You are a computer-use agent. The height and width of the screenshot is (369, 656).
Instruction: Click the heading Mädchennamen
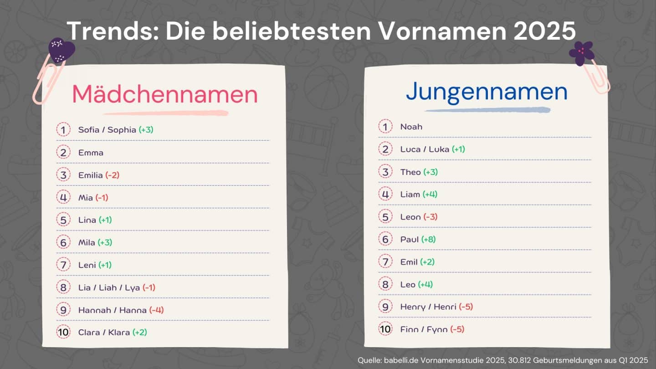pos(165,94)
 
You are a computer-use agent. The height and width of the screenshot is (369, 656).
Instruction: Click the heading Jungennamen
pos(487,92)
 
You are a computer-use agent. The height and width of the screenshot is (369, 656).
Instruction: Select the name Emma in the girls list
pos(91,153)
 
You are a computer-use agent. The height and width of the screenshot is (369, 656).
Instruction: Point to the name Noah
pos(411,127)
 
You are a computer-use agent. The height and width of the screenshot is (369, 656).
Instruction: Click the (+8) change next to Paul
pos(428,239)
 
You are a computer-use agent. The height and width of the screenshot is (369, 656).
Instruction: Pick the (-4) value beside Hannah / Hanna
pos(156,310)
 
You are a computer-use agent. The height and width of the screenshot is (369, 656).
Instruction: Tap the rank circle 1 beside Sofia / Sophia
pos(63,130)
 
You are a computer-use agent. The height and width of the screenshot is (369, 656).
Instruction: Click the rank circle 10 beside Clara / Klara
pos(63,332)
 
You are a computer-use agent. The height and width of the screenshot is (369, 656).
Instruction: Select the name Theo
pos(410,172)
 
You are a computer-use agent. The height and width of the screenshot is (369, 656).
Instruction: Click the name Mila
pos(87,242)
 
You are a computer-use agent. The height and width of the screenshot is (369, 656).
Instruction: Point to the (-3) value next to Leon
pos(430,217)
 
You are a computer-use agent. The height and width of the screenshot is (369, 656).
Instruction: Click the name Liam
pos(410,194)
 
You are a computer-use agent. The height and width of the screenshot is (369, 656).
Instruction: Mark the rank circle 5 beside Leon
pos(385,217)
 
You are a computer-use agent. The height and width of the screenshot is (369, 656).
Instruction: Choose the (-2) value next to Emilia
pos(112,175)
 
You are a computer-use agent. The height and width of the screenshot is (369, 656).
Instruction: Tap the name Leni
pos(87,265)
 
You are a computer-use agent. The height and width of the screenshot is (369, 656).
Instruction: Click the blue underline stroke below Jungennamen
pos(487,110)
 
